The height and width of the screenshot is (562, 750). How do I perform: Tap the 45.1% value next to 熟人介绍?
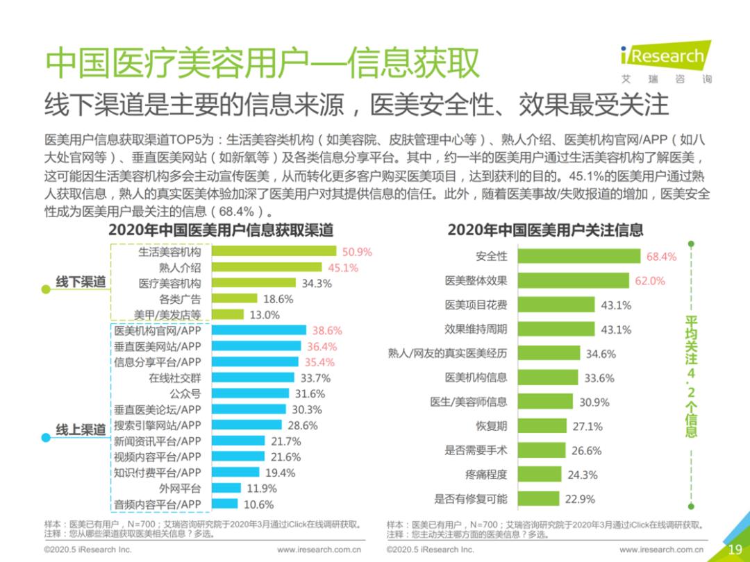pos(343,268)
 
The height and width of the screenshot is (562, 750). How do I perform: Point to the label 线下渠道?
pos(81,282)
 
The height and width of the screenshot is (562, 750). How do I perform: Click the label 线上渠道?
pos(81,429)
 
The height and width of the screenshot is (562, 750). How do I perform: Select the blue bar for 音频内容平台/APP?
pos(224,504)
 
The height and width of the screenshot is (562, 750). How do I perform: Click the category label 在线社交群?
pos(174,378)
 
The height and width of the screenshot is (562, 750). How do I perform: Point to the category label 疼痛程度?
pos(486,475)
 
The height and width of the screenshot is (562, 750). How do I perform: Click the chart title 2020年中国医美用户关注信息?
pos(545,230)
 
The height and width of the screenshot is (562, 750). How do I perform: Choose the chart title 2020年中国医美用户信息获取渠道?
pos(221,230)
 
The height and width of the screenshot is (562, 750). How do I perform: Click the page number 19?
pos(735,550)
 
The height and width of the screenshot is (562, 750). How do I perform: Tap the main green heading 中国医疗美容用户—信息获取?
pos(262,63)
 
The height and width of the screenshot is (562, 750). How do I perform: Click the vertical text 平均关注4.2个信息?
pos(691,375)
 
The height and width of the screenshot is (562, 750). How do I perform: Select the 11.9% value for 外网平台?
pos(261,488)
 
